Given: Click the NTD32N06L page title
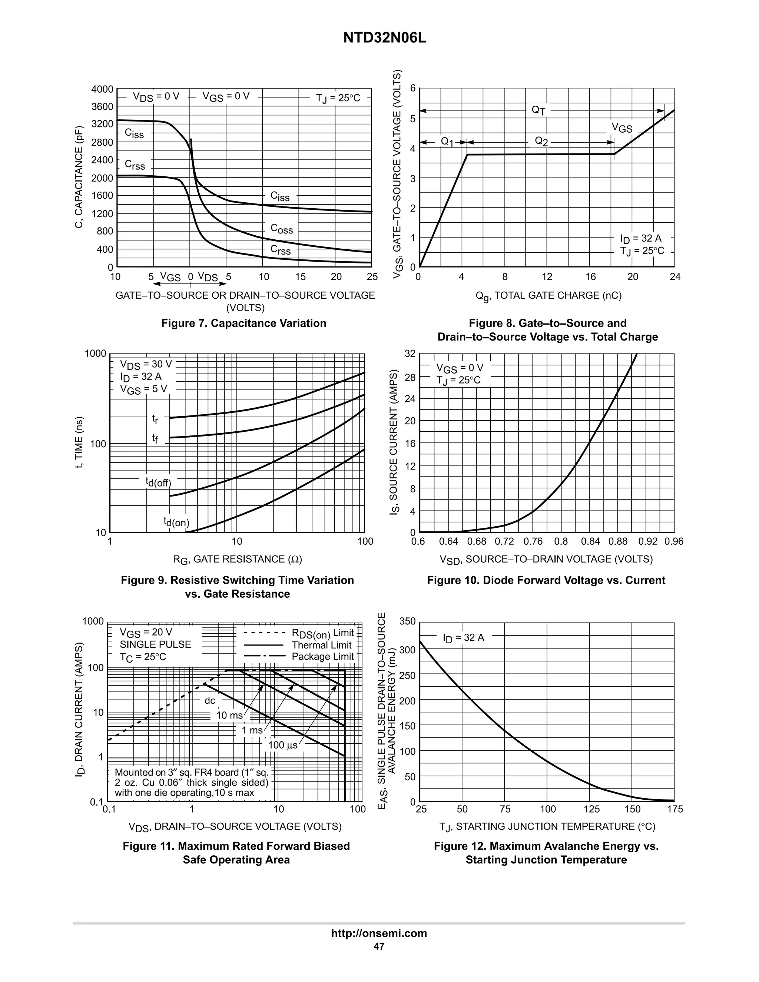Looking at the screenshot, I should (384, 38).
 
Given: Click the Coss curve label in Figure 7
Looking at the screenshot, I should (282, 229).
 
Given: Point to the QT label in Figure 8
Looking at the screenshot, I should (538, 110).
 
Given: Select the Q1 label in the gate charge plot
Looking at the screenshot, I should (447, 142).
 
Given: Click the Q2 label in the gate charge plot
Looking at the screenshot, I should (541, 142).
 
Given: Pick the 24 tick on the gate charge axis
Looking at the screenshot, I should (675, 277).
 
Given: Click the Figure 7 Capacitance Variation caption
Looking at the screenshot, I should (244, 323).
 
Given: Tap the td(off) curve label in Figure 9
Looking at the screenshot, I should (158, 482).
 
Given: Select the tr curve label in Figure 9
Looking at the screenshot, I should (155, 419).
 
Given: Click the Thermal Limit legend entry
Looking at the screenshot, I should (321, 645).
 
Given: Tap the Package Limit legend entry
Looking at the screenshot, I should (322, 657).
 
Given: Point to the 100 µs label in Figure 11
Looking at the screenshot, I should (283, 745).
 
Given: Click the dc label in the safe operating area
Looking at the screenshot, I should (210, 700).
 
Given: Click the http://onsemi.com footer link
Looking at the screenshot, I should (379, 933).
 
